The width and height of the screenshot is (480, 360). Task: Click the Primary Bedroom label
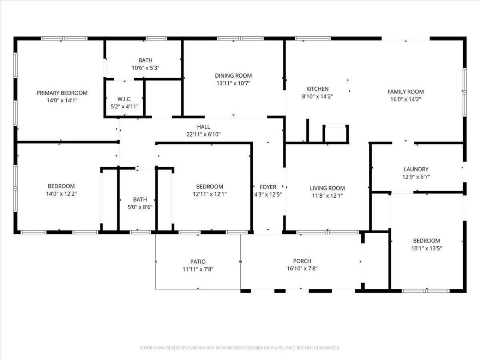pyautogui.click(x=62, y=93)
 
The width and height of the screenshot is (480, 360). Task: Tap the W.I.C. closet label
pyautogui.click(x=124, y=99)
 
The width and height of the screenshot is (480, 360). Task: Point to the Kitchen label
pyautogui.click(x=317, y=89)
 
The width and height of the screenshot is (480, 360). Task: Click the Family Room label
pyautogui.click(x=405, y=91)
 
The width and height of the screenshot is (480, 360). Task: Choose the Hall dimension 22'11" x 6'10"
pyautogui.click(x=203, y=134)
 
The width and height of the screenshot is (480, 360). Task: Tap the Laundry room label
pyautogui.click(x=416, y=169)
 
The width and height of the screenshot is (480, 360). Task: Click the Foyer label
pyautogui.click(x=268, y=187)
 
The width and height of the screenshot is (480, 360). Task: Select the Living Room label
pyautogui.click(x=327, y=188)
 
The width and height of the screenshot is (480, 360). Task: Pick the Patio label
pyautogui.click(x=198, y=261)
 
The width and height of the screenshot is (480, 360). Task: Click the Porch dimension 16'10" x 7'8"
pyautogui.click(x=302, y=268)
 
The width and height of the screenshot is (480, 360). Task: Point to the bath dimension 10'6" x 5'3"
pyautogui.click(x=145, y=68)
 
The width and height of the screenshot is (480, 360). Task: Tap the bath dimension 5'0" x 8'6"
pyautogui.click(x=140, y=207)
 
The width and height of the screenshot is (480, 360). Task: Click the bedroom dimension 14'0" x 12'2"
pyautogui.click(x=61, y=194)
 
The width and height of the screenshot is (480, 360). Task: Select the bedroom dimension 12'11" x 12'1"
pyautogui.click(x=210, y=194)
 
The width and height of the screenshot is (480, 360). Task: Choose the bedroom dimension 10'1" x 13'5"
pyautogui.click(x=426, y=248)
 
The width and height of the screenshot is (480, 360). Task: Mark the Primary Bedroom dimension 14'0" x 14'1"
pyautogui.click(x=62, y=100)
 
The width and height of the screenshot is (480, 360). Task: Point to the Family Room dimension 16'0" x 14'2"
pyautogui.click(x=405, y=99)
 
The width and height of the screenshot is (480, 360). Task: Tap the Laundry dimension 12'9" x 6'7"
pyautogui.click(x=416, y=177)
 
